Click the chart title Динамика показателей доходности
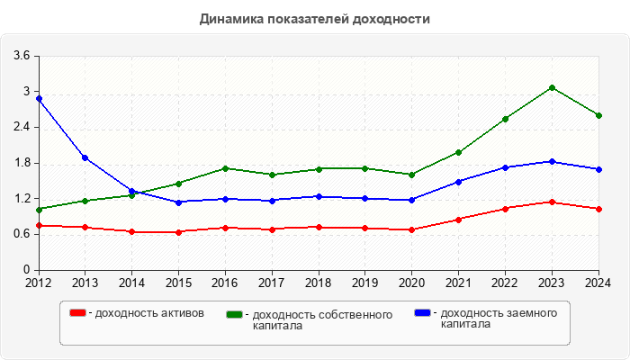coord(315,18)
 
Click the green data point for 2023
coord(552,87)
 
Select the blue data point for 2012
coord(39,98)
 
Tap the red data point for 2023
coord(552,202)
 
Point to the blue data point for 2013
coord(85,157)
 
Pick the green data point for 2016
coord(225,168)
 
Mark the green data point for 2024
coord(598,115)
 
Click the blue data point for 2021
coord(458,182)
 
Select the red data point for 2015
coord(178,232)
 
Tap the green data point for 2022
coord(505,119)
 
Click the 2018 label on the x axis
coord(318,283)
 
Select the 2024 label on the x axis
coord(598,283)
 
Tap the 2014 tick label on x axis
coord(131,283)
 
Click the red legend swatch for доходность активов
coord(78,313)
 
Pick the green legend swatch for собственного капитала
coord(236,314)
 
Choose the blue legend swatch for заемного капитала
coord(422,313)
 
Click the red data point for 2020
coord(411,229)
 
